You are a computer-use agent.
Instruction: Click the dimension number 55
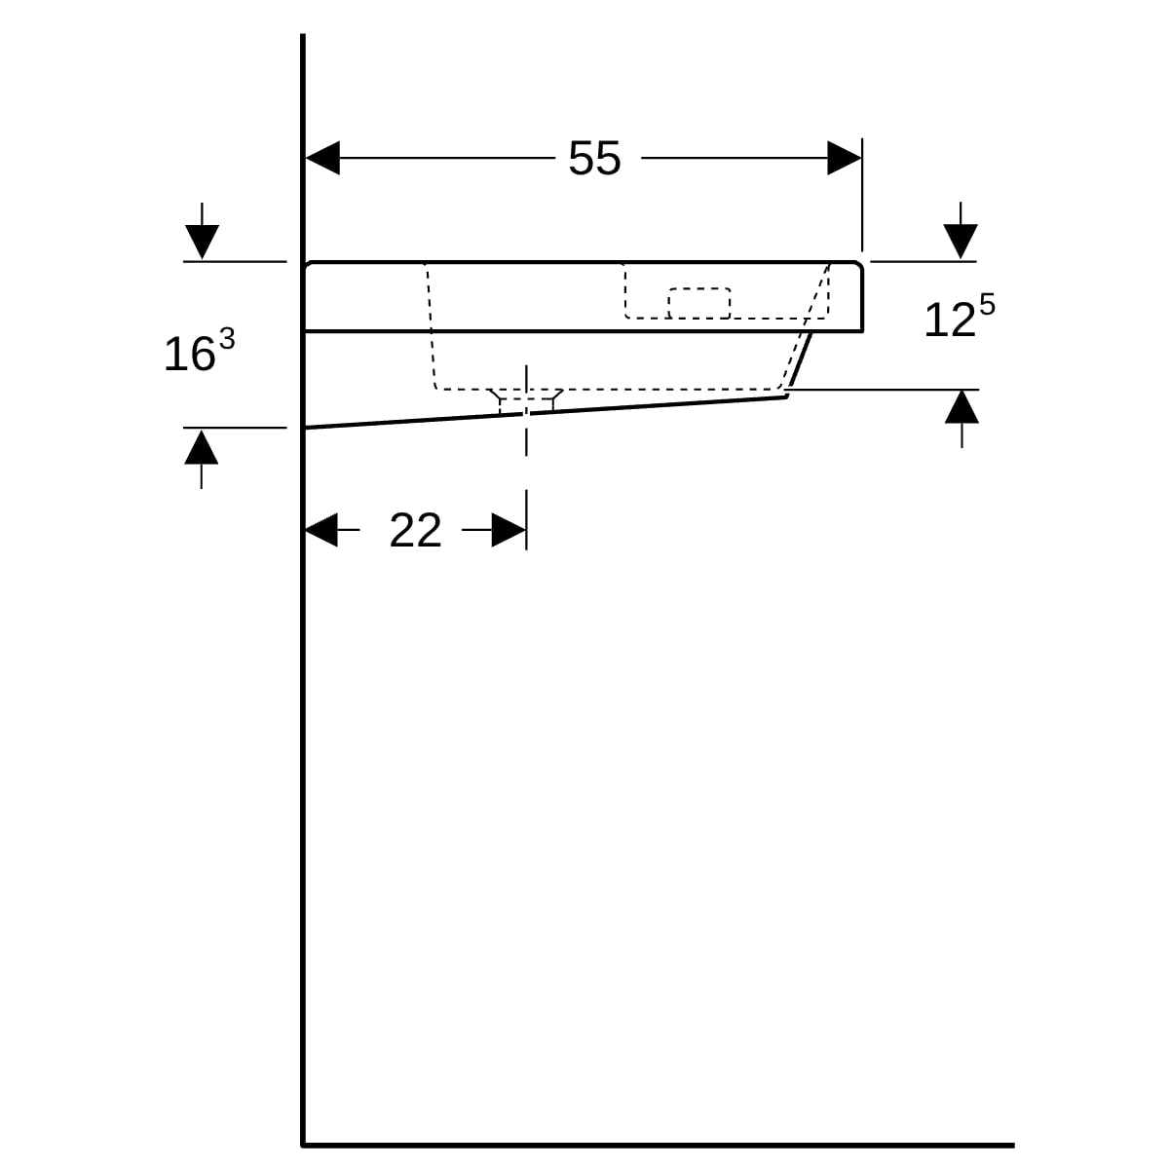pos(594,159)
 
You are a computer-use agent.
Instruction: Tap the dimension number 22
pos(416,530)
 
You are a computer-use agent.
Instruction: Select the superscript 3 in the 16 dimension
pos(227,338)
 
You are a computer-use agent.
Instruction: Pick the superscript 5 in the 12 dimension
pos(987,304)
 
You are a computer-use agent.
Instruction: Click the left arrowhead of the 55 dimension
pos(322,158)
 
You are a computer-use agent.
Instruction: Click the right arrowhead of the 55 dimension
pos(845,158)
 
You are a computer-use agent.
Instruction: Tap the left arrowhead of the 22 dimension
pos(321,530)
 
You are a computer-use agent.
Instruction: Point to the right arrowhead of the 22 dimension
pos(509,530)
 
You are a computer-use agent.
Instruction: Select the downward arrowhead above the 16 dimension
pos(202,242)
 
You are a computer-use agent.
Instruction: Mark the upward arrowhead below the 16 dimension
pos(202,447)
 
